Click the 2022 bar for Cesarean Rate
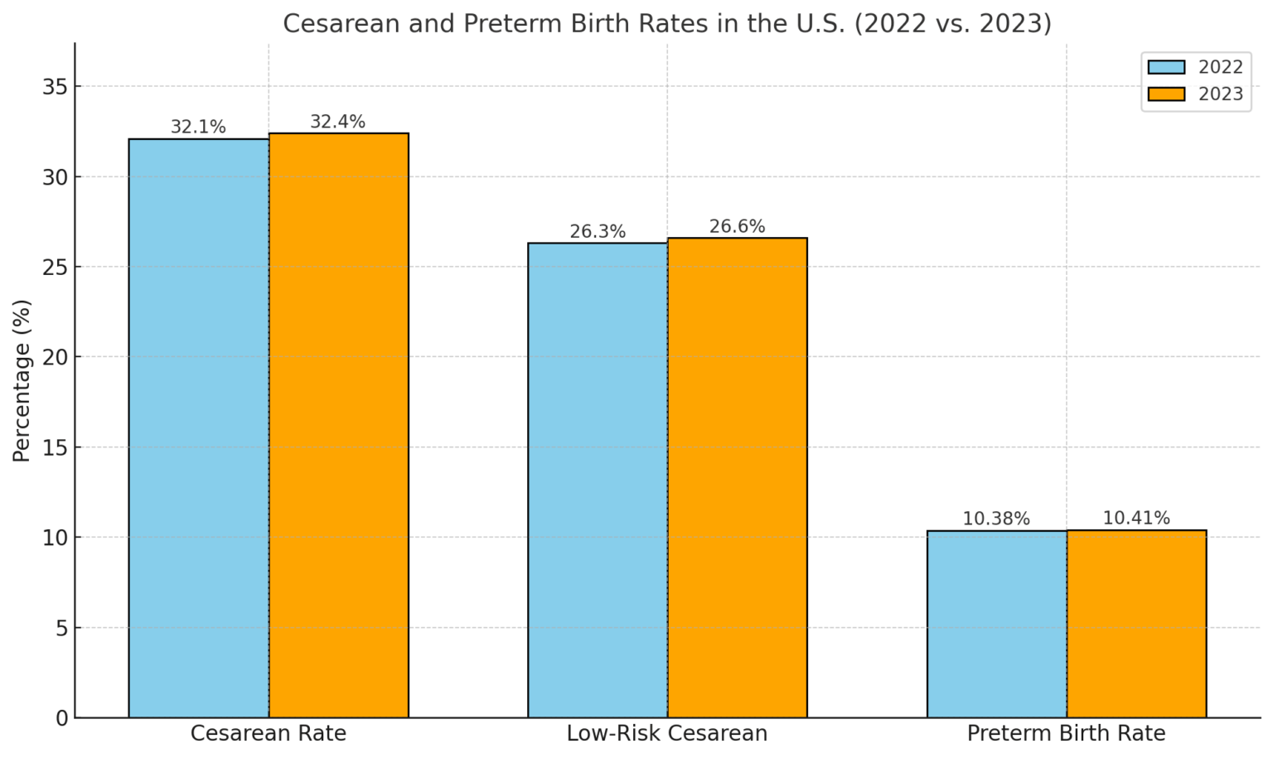point(199,428)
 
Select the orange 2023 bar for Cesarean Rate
point(338,425)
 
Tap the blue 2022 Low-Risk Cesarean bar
point(598,480)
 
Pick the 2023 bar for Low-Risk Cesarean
point(737,478)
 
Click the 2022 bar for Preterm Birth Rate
point(996,624)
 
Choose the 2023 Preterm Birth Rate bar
point(1136,624)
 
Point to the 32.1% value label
point(198,127)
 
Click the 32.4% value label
point(337,122)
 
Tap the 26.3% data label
point(598,232)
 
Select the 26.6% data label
point(737,227)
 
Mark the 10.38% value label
point(996,519)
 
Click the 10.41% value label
point(1136,519)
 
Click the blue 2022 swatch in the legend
point(1166,67)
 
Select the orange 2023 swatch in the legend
point(1166,94)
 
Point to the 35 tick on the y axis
point(56,87)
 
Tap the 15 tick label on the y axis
point(56,448)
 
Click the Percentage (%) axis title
point(22,380)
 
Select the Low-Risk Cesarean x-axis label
point(667,734)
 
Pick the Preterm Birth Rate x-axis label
point(1066,734)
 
